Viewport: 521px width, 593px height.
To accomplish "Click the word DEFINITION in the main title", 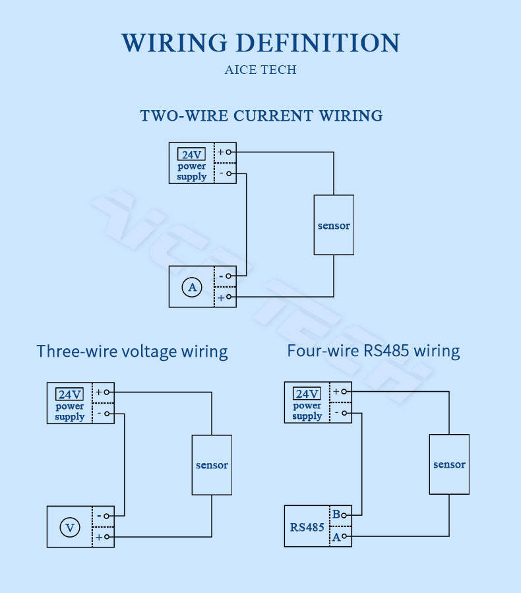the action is pyautogui.click(x=318, y=42).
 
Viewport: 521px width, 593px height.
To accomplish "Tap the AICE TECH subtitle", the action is pyautogui.click(x=260, y=70).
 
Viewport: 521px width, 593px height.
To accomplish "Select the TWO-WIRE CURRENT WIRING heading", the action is pyautogui.click(x=261, y=115).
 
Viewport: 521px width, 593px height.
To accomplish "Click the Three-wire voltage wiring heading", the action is pyautogui.click(x=132, y=352).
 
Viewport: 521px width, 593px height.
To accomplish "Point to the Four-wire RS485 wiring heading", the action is pyautogui.click(x=373, y=351).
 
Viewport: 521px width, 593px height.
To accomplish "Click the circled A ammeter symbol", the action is pyautogui.click(x=192, y=287).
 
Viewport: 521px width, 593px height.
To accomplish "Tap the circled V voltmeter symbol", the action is pyautogui.click(x=70, y=527).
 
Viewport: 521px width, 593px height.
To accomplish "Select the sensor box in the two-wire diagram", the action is pyautogui.click(x=334, y=225).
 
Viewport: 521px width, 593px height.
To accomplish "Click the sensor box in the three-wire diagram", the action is pyautogui.click(x=212, y=465).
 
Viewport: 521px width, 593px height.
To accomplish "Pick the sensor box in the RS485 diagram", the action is pyautogui.click(x=449, y=464).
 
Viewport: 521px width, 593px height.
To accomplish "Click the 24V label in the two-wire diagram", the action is pyautogui.click(x=192, y=154).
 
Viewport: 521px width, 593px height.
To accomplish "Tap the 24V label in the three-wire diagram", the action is pyautogui.click(x=69, y=394).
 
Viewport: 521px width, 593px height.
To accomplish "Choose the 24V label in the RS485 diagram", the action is pyautogui.click(x=307, y=394).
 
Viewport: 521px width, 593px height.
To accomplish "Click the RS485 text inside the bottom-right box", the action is pyautogui.click(x=307, y=527).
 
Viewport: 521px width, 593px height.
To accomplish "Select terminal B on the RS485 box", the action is pyautogui.click(x=344, y=515).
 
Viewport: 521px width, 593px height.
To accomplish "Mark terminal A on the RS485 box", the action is pyautogui.click(x=344, y=536).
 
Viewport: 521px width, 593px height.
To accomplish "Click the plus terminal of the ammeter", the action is pyautogui.click(x=228, y=297).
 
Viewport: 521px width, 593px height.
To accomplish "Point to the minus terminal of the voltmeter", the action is pyautogui.click(x=107, y=516).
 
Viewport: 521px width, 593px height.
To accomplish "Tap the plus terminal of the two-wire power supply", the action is pyautogui.click(x=228, y=152).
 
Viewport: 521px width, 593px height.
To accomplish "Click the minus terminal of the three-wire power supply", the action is pyautogui.click(x=107, y=414).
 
